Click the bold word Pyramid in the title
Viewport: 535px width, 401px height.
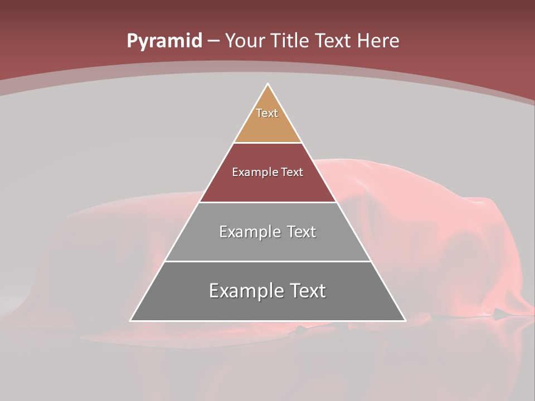click(x=164, y=41)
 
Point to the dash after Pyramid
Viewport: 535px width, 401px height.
click(x=213, y=41)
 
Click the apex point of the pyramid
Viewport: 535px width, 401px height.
click(x=268, y=84)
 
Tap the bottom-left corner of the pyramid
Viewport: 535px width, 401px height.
click(x=131, y=320)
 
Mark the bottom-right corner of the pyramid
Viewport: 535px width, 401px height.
click(x=405, y=320)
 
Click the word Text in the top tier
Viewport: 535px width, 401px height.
click(x=267, y=113)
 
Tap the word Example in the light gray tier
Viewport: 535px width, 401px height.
click(x=249, y=232)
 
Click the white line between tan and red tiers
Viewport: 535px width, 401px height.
click(x=267, y=143)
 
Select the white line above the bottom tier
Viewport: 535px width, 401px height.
click(x=267, y=261)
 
